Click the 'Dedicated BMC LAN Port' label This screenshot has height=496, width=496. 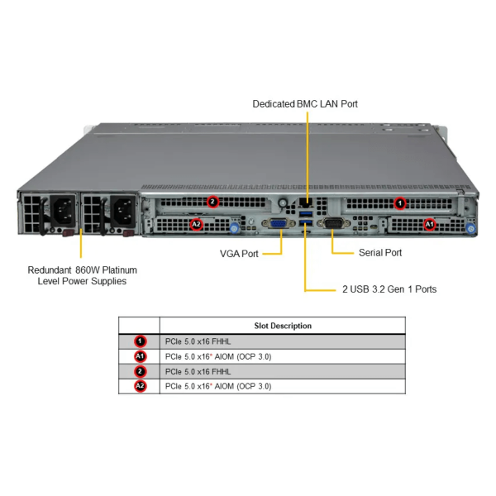pos(305,103)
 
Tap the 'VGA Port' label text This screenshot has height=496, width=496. pos(239,253)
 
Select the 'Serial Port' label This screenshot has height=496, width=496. pos(380,253)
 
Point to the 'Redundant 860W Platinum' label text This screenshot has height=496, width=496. pos(82,269)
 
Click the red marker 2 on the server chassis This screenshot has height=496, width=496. pos(212,202)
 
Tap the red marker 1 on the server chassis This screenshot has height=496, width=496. pos(400,202)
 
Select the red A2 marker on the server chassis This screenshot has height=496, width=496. pos(196,223)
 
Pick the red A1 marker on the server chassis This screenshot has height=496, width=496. pos(428,223)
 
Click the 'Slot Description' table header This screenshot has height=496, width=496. pos(283,326)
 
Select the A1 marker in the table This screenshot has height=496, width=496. pos(140,356)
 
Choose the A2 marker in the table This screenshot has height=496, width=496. pos(140,386)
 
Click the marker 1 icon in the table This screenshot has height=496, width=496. pos(140,341)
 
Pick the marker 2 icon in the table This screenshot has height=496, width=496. pos(140,371)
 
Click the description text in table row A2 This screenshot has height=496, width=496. pos(218,386)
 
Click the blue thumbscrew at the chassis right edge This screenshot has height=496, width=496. pos(471,227)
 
